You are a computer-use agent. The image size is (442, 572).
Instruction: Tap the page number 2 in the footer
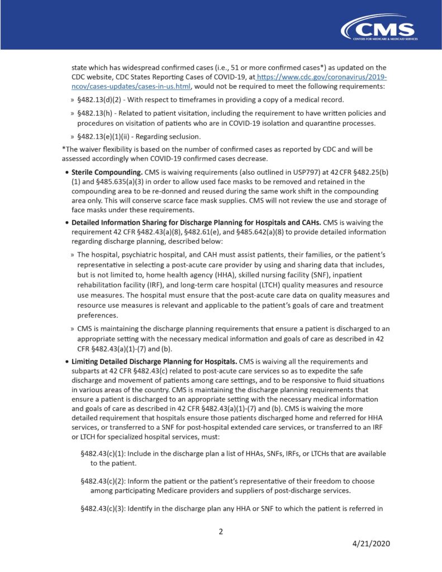pyautogui.click(x=221, y=531)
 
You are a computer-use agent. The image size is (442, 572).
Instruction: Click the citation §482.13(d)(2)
pyautogui.click(x=103, y=99)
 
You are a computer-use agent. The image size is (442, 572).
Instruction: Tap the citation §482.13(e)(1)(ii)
pyautogui.click(x=107, y=137)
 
